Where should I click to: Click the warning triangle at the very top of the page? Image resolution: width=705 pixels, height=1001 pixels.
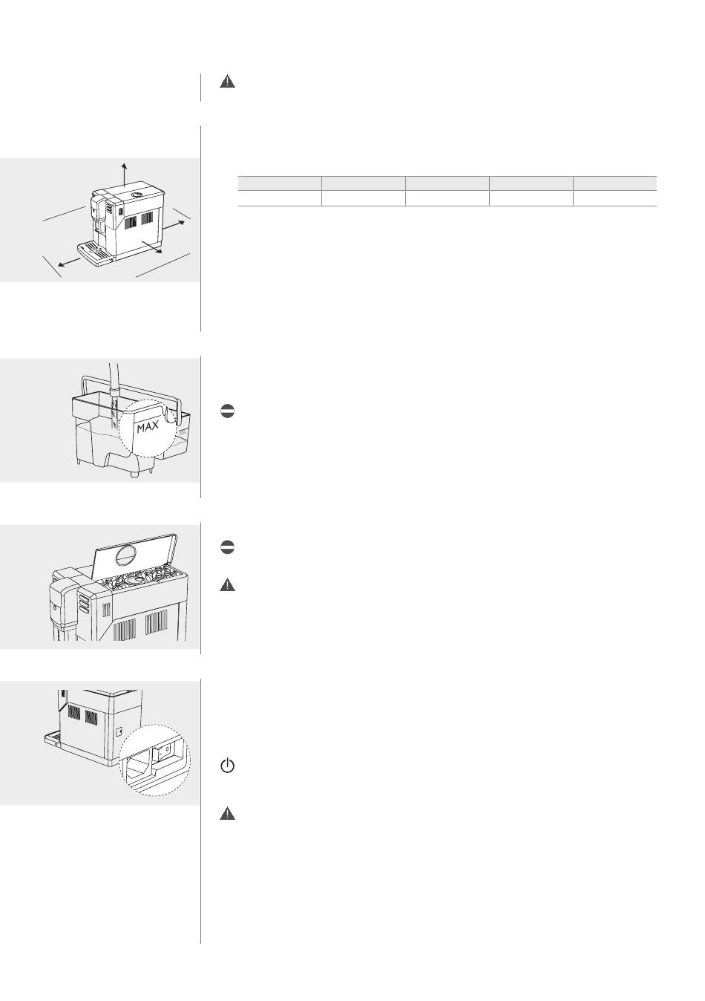pyautogui.click(x=227, y=82)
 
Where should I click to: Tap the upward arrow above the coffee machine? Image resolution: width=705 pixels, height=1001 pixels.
pyautogui.click(x=124, y=175)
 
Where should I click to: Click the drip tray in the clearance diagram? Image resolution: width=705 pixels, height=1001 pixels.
pyautogui.click(x=96, y=255)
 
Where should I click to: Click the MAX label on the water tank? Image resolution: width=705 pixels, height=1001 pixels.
pyautogui.click(x=148, y=427)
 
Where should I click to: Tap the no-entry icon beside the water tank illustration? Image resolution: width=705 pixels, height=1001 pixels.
pyautogui.click(x=227, y=411)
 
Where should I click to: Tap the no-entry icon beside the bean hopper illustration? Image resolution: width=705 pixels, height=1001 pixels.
pyautogui.click(x=227, y=547)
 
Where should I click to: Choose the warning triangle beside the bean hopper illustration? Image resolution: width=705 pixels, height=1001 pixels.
pyautogui.click(x=227, y=585)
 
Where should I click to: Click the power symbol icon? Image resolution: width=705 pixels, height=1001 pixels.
pyautogui.click(x=227, y=766)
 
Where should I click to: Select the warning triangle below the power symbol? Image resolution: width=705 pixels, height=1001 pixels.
pyautogui.click(x=227, y=813)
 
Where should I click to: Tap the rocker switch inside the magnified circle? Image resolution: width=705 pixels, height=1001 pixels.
pyautogui.click(x=161, y=751)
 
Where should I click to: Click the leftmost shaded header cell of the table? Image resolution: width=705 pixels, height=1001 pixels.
pyautogui.click(x=280, y=183)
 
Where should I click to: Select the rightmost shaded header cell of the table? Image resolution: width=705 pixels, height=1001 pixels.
pyautogui.click(x=614, y=183)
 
